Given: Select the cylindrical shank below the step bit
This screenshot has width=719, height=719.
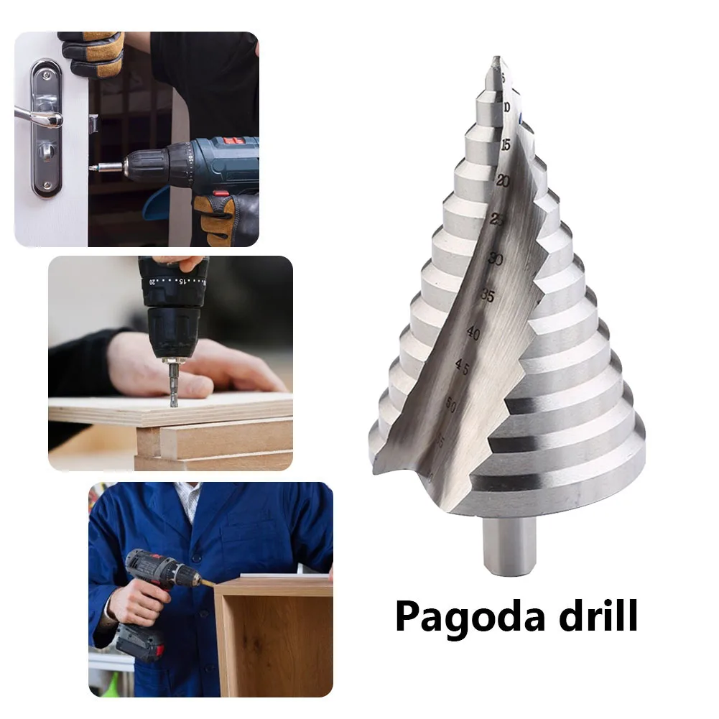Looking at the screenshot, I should click(509, 546).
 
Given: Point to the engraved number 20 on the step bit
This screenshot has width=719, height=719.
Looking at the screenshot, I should click(503, 182).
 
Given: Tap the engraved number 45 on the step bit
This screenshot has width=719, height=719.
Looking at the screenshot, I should click(462, 368).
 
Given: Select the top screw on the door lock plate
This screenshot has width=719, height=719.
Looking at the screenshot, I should click(47, 72).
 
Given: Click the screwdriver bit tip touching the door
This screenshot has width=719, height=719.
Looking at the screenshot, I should click(96, 167).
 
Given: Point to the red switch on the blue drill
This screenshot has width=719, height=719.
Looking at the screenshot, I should click(221, 193).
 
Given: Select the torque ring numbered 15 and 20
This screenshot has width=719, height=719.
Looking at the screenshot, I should click(172, 281).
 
